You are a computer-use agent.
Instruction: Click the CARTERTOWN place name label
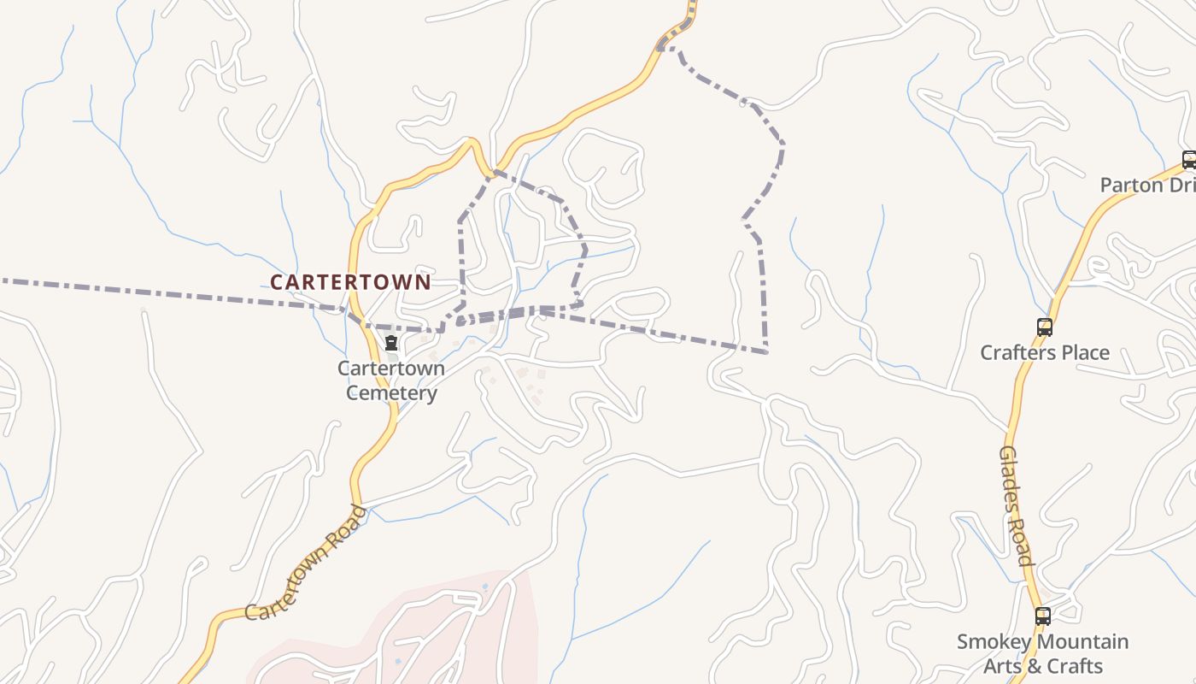coord(350,282)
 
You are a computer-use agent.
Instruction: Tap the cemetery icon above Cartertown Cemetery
coord(391,344)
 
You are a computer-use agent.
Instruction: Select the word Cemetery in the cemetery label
coord(391,393)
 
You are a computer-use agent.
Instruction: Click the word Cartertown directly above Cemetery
coord(391,369)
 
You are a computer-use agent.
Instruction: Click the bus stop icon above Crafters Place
coord(1044,327)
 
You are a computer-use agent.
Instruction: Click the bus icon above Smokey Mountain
coord(1042,616)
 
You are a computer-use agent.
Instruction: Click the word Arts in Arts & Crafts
coord(1001,666)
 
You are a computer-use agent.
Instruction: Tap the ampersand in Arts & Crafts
coord(1036,666)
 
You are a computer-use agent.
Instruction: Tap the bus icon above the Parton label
coord(1188,159)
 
